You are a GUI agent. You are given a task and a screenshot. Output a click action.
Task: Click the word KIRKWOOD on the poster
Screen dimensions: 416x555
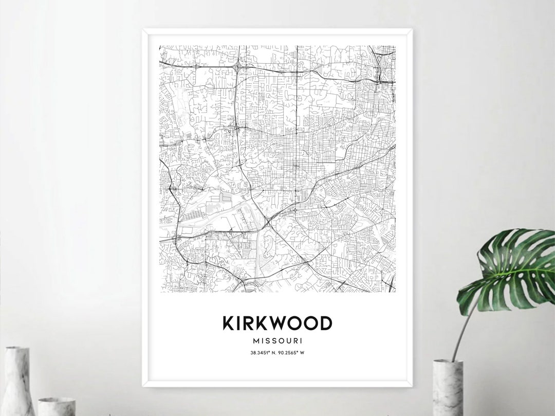coord(277,323)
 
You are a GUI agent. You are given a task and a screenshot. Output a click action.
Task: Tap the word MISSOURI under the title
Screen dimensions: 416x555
coord(277,340)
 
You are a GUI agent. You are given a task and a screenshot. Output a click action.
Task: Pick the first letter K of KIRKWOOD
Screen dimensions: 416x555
coord(228,323)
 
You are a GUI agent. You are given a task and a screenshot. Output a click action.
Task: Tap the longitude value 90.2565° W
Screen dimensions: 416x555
coord(293,353)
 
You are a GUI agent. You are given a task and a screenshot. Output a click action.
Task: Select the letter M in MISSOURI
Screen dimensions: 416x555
coord(256,340)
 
